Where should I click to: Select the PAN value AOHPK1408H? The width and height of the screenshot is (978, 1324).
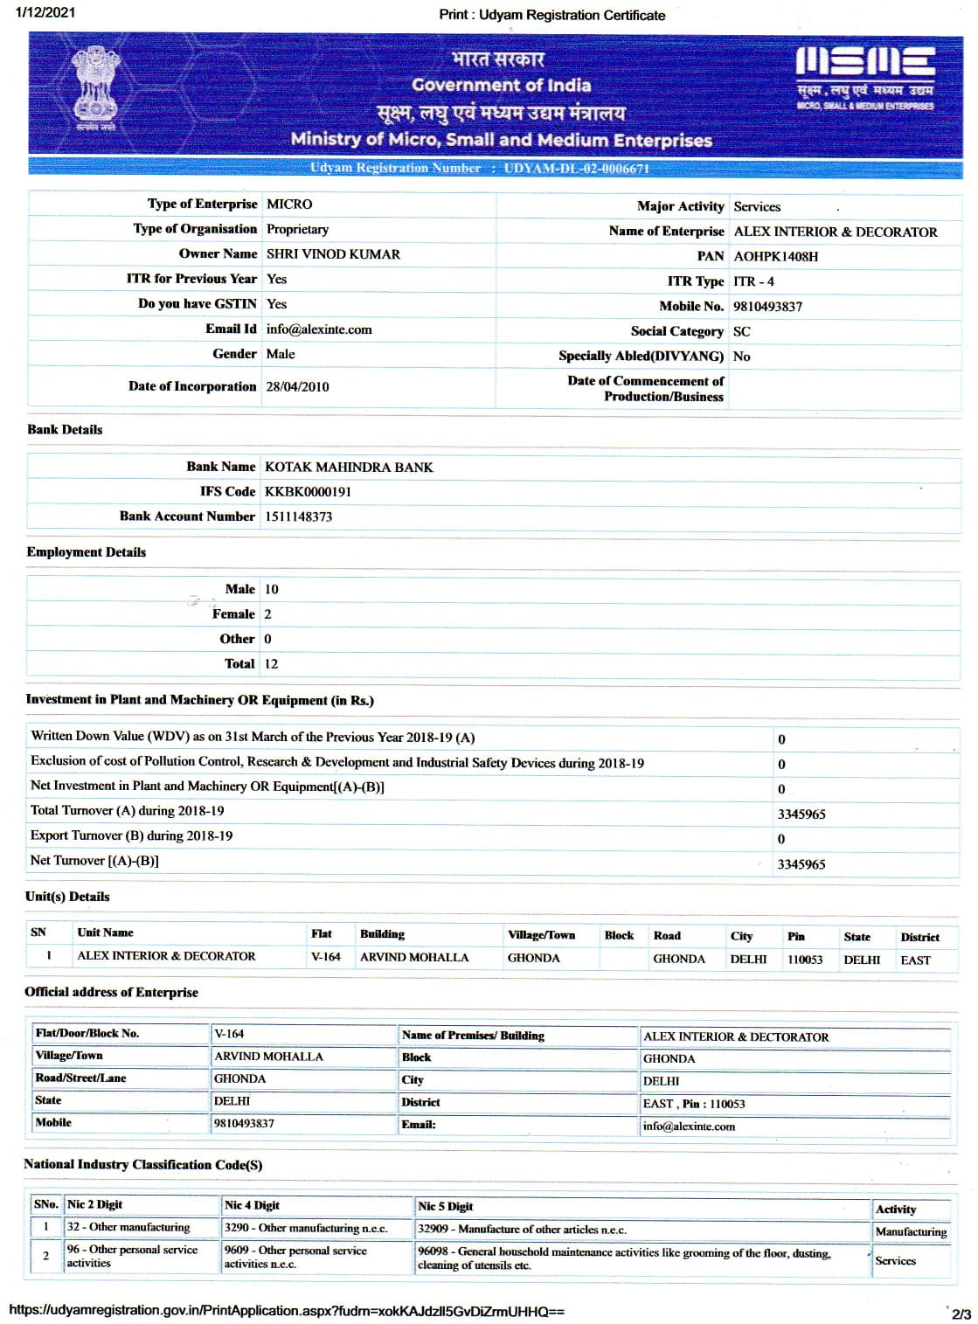[775, 256]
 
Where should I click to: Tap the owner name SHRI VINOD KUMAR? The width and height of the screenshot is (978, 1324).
[333, 254]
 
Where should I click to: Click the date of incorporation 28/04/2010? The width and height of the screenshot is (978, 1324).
[297, 386]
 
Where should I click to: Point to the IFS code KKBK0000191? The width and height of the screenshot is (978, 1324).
[308, 491]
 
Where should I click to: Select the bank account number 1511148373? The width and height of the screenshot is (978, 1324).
[298, 516]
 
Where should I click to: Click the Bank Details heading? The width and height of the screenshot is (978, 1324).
[65, 429]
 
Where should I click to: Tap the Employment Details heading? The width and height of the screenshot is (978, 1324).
[86, 551]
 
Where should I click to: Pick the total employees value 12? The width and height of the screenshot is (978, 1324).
[271, 663]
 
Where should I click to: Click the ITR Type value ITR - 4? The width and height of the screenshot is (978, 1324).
[753, 281]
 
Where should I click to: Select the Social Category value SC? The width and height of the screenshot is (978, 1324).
[741, 331]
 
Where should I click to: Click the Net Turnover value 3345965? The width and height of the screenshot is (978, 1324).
[801, 864]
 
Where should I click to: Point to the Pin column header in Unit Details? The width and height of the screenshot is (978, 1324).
[795, 936]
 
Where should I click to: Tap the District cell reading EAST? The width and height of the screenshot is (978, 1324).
[915, 960]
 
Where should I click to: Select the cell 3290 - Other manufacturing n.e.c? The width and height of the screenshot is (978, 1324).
[305, 1228]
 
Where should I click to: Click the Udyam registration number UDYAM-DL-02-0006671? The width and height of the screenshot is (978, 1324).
[576, 168]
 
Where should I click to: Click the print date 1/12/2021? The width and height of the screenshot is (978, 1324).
[45, 12]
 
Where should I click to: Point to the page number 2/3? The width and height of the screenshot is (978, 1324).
[961, 1313]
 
